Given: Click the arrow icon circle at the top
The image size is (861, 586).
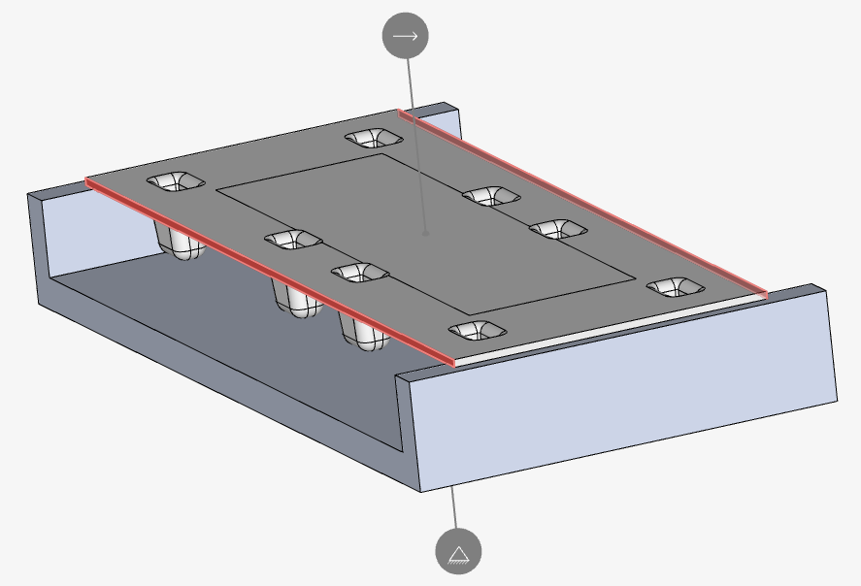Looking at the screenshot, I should tap(405, 36).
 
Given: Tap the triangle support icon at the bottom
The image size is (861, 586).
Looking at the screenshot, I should tap(458, 552).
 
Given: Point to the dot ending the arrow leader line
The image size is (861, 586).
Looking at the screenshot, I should tap(425, 233).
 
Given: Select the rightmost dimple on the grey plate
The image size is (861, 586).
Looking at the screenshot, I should tap(675, 287).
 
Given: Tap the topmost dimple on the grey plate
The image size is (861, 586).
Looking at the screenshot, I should tap(373, 138).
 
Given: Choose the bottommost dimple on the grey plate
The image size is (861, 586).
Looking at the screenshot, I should tap(477, 331).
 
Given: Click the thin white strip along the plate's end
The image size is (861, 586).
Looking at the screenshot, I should tap(612, 327).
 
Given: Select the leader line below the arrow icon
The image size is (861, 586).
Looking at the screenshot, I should tap(414, 136).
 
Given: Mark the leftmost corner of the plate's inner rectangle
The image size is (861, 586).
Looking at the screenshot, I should tap(216, 188).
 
